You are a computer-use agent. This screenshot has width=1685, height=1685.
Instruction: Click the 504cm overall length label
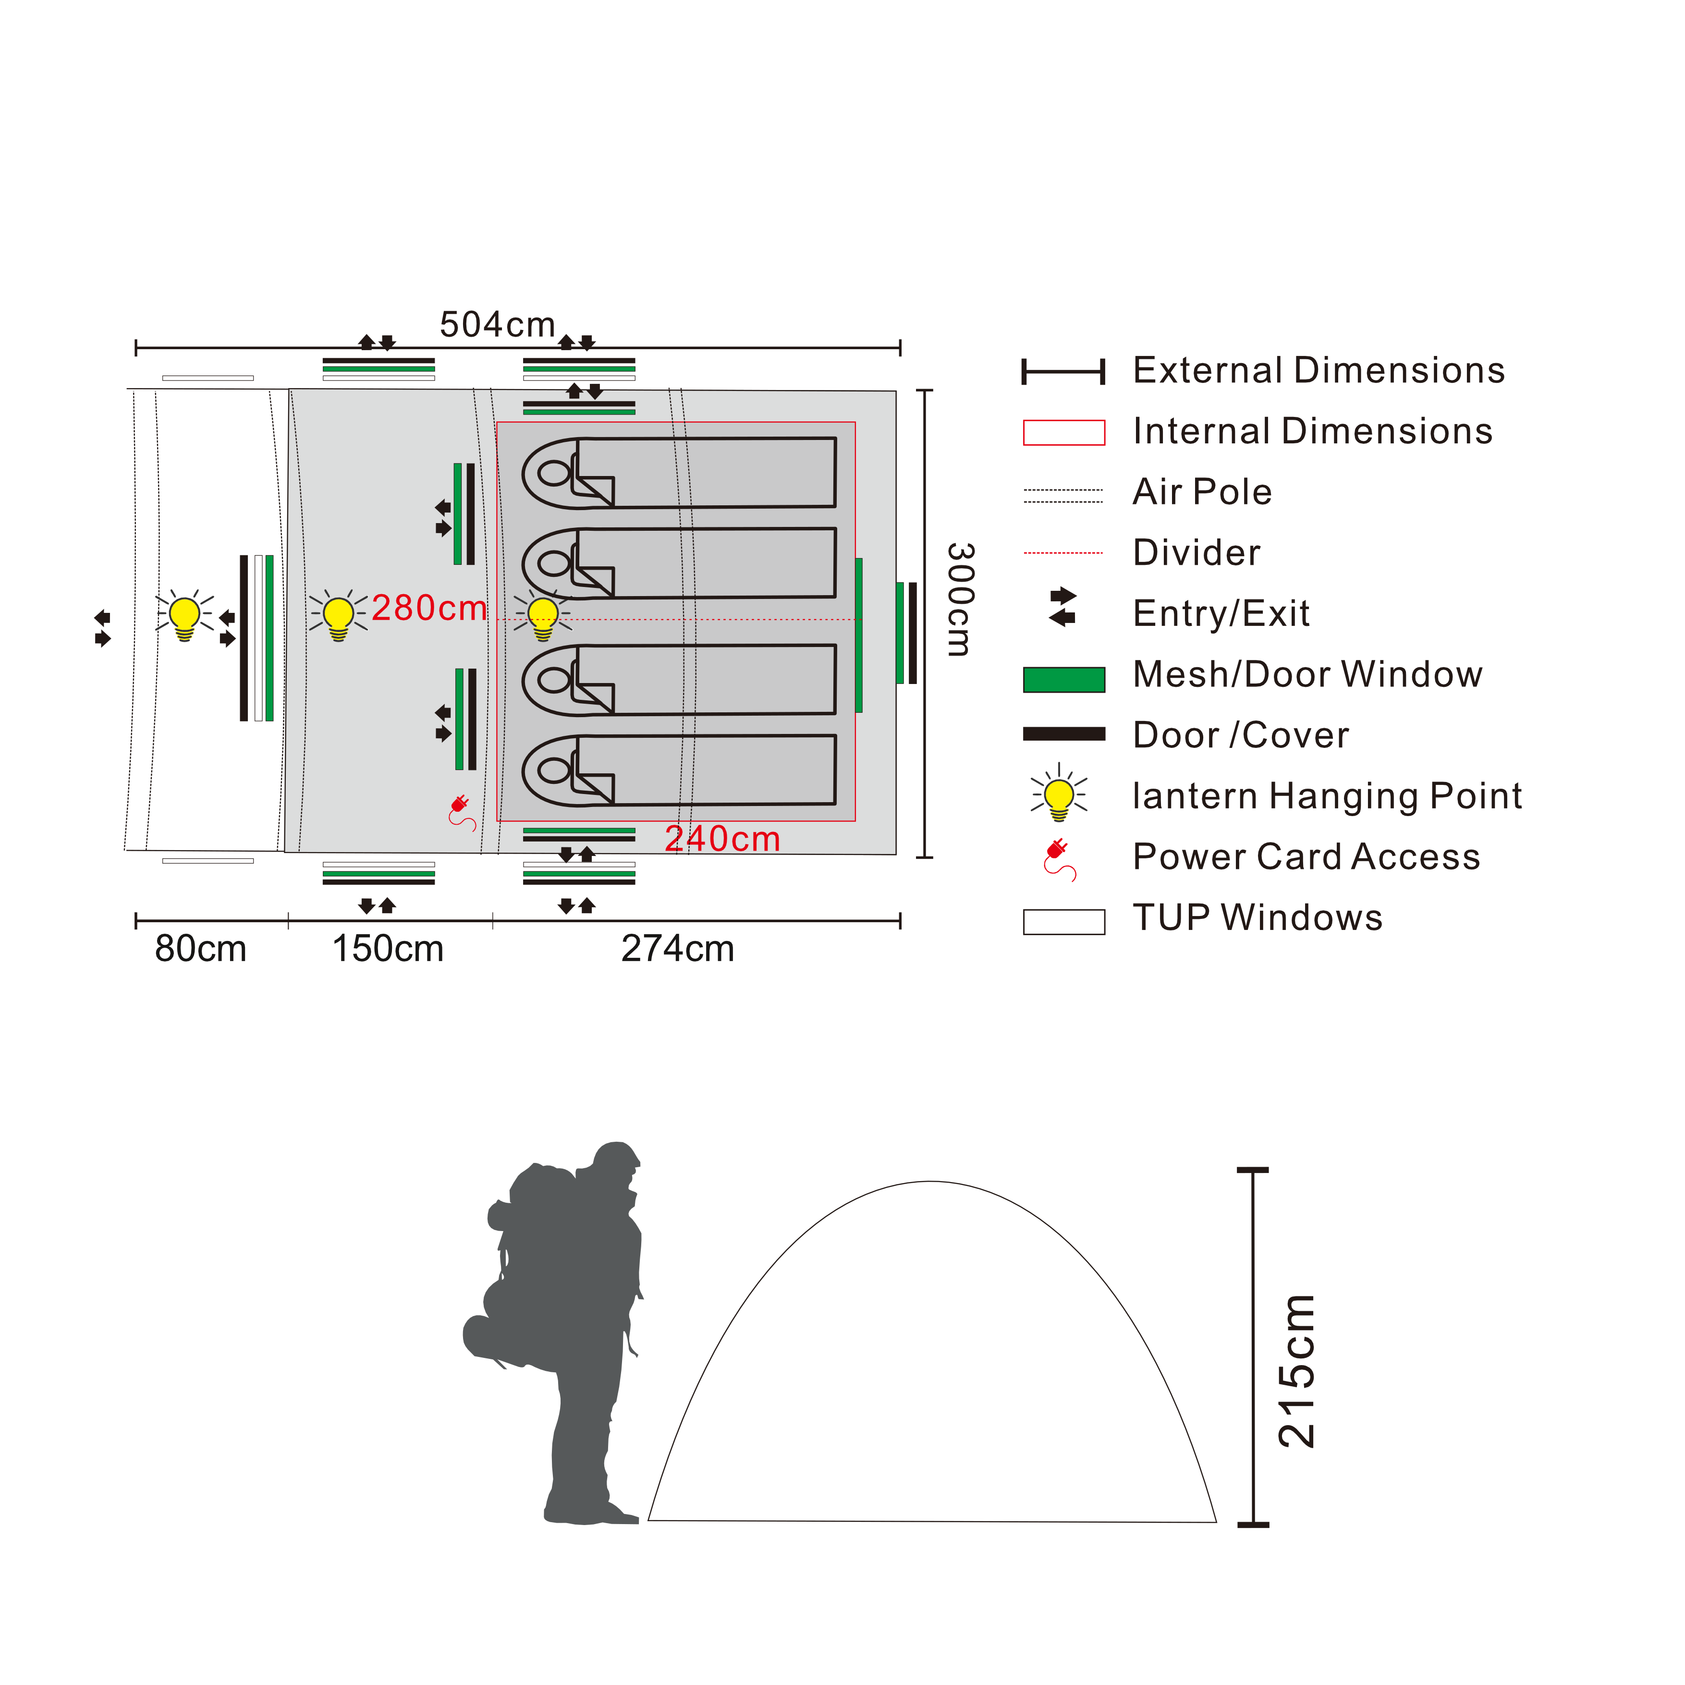(497, 324)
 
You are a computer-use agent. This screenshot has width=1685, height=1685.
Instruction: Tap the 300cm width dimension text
(960, 598)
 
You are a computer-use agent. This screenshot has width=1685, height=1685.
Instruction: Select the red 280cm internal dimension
(429, 608)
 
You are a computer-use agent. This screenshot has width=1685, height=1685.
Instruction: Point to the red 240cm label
(722, 839)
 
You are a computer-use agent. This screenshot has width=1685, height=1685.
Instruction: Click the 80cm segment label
(201, 949)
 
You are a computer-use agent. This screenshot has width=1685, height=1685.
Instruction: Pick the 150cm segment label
(388, 949)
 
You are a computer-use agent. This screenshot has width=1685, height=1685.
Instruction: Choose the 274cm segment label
(678, 949)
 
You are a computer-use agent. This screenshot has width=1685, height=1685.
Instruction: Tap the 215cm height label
(1296, 1371)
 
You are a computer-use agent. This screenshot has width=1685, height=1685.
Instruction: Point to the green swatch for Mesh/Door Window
(1064, 679)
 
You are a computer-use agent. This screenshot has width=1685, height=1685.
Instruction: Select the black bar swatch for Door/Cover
(1064, 734)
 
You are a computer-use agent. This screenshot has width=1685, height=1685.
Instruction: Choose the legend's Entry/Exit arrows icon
(1063, 607)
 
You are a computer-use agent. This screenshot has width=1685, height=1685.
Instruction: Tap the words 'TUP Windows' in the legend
(1258, 917)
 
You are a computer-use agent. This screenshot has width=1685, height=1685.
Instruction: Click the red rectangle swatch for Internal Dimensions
(1064, 433)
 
